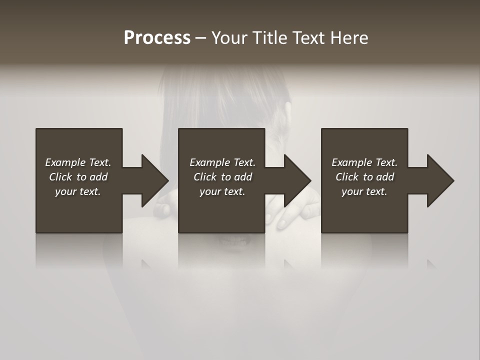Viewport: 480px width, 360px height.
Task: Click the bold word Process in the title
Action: pyautogui.click(x=157, y=38)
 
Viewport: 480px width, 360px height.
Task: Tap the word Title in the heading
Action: pyautogui.click(x=269, y=38)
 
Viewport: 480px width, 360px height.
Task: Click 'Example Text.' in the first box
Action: pyautogui.click(x=78, y=162)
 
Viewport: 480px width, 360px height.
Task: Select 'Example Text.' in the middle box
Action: pyautogui.click(x=222, y=162)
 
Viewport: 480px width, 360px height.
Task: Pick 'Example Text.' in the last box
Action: pyautogui.click(x=364, y=162)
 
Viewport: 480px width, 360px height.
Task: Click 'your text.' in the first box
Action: pyautogui.click(x=78, y=191)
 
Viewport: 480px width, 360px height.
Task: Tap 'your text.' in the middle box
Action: pyautogui.click(x=222, y=191)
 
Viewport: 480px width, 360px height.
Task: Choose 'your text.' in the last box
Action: pyautogui.click(x=364, y=191)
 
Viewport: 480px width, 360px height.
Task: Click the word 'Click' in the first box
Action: pyautogui.click(x=60, y=177)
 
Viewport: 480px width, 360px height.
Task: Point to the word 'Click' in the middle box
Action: pyautogui.click(x=205, y=177)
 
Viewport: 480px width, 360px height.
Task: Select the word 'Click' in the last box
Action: pyautogui.click(x=347, y=177)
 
